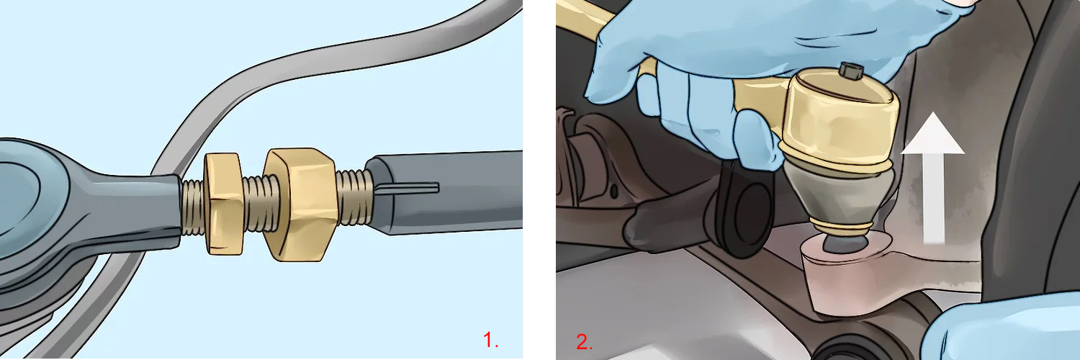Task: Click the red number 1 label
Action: [490, 340]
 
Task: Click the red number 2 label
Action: [584, 341]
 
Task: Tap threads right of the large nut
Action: [355, 196]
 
